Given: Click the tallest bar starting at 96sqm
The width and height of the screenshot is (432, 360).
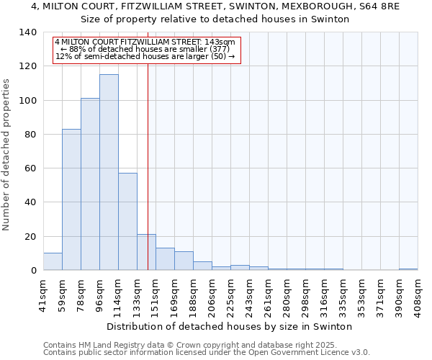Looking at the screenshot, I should pos(109,173).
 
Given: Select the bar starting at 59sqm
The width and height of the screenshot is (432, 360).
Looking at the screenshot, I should pos(71,200).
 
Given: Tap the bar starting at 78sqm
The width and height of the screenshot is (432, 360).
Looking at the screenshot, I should pos(90,184).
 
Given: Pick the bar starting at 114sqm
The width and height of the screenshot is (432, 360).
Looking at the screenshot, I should pos(127,222).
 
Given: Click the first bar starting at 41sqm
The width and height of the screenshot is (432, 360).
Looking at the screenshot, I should pos(53,262).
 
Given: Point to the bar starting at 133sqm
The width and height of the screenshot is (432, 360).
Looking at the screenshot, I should pos(146,253).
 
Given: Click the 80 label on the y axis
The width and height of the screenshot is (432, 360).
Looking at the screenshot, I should pos(32,135).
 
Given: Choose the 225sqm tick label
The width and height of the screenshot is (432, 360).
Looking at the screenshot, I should pos(230,294).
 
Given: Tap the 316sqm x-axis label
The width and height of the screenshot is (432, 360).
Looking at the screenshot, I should pos(324,294).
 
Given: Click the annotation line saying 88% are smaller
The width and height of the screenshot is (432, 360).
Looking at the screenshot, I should pos(145,49).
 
